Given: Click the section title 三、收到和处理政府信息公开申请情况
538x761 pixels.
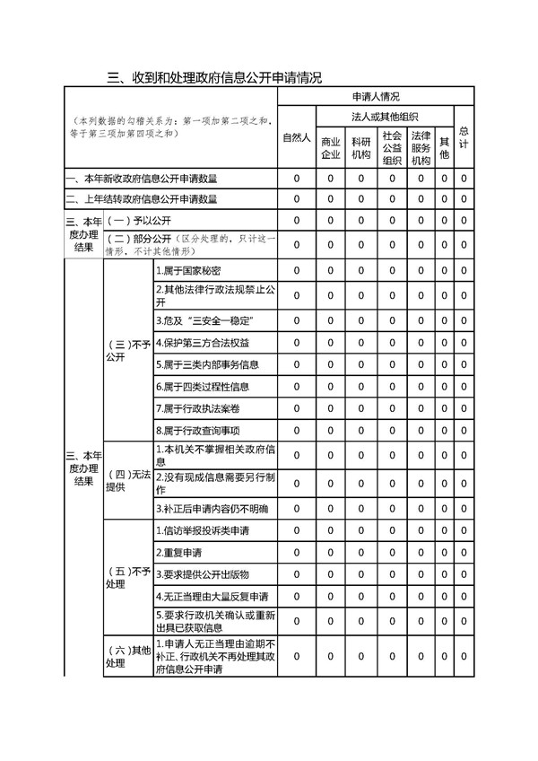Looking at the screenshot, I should point(213,77).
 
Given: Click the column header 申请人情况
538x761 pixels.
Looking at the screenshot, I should point(376,96).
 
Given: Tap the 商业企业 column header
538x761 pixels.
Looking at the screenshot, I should point(331,148).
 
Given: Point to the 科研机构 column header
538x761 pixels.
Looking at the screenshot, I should point(361,148).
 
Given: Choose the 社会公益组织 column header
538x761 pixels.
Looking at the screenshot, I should point(392,148).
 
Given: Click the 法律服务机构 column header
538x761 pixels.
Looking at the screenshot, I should point(421,148).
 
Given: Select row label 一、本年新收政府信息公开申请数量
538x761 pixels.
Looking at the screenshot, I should point(143,179).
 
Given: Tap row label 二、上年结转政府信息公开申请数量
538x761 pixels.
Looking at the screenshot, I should point(143,199).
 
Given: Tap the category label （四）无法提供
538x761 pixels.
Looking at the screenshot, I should point(127,480).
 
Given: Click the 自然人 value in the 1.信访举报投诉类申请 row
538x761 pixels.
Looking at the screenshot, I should point(296,530).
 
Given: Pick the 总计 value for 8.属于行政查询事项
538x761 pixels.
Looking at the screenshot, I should point(464,431).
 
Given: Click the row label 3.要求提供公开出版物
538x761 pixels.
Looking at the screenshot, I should point(202,574).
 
